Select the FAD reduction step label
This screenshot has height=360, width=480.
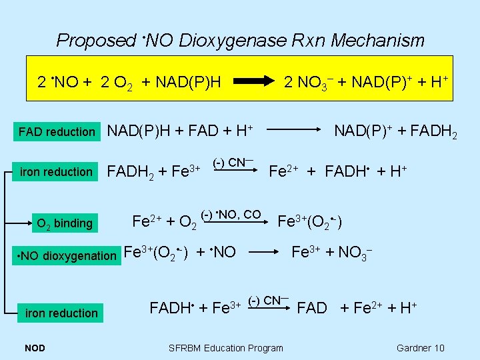click(57, 132)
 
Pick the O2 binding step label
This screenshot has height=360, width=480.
click(64, 223)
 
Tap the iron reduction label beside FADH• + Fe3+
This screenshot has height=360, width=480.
click(61, 313)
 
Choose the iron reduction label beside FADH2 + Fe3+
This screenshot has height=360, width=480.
click(57, 172)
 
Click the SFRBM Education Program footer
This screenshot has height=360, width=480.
click(225, 347)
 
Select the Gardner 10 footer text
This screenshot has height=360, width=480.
click(420, 347)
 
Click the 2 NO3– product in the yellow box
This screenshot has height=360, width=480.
click(307, 83)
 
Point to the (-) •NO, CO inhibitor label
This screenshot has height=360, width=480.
click(231, 214)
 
